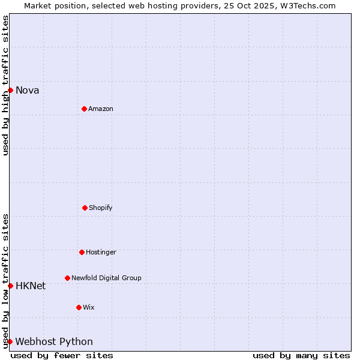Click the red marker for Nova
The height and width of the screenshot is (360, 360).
click(10, 90)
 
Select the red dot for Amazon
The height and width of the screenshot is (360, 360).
click(84, 109)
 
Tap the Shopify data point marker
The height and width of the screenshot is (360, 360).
click(85, 208)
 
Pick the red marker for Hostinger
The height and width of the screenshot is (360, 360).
click(82, 252)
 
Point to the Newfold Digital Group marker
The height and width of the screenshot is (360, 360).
click(67, 278)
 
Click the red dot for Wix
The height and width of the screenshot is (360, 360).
click(79, 307)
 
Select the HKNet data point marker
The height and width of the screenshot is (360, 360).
click(10, 286)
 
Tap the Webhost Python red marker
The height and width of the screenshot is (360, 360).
click(10, 341)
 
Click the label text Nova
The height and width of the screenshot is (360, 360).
click(27, 91)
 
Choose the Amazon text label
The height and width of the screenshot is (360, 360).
click(101, 109)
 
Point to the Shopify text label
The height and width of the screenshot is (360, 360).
click(101, 208)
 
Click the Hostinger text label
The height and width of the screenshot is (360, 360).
click(101, 253)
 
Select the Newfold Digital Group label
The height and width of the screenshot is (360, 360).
click(106, 278)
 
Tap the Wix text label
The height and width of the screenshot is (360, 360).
click(89, 308)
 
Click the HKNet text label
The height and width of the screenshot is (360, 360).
click(31, 286)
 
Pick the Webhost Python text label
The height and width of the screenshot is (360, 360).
click(54, 342)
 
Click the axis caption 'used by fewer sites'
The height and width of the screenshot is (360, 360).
click(62, 355)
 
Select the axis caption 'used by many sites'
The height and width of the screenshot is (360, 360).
click(301, 355)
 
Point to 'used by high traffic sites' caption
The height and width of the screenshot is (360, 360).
click(5, 85)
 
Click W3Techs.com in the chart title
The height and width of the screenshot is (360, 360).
click(306, 5)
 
